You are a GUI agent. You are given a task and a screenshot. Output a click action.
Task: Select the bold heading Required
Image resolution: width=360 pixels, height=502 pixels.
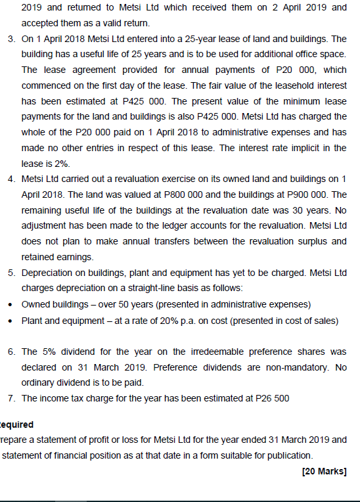pos(16,424)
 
